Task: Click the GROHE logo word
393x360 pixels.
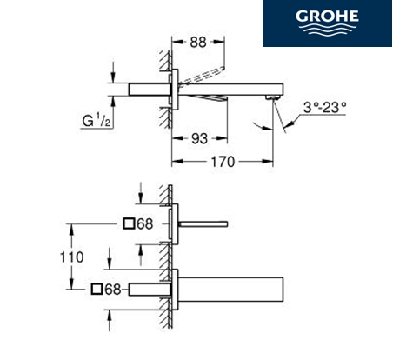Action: [327, 17]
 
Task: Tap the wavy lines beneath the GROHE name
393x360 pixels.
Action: [327, 30]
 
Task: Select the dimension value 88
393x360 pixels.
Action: [198, 43]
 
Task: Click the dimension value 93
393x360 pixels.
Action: [200, 139]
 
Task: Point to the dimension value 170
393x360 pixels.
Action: [223, 162]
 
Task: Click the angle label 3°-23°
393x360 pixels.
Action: [324, 108]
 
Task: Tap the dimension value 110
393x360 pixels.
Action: [71, 257]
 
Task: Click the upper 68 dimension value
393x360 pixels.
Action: [144, 224]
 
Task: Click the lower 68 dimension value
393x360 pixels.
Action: [113, 290]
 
